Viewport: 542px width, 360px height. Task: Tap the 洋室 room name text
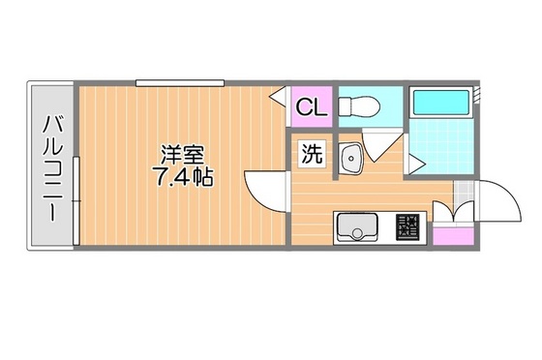pos(181,156)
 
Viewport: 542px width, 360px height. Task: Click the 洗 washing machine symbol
pos(312,154)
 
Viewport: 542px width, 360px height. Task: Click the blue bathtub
pos(438,102)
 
